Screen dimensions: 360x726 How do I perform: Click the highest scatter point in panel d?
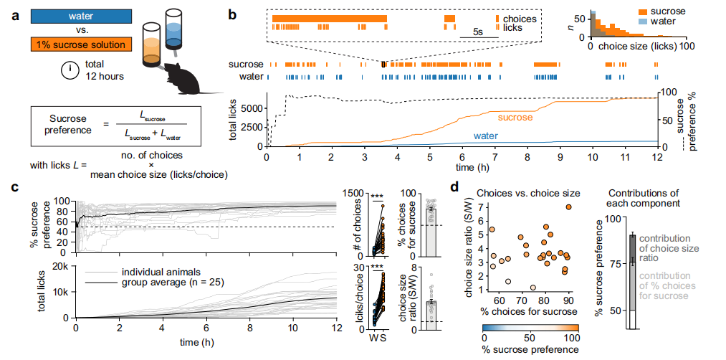coord(568,207)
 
